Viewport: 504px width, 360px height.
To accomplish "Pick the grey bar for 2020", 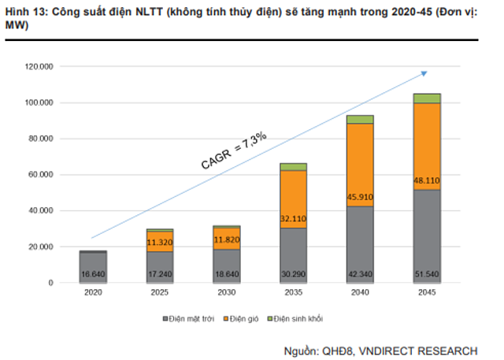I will click(x=94, y=268).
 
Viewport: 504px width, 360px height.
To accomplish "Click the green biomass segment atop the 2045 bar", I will click(x=427, y=98).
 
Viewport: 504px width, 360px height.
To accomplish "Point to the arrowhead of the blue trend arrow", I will click(x=424, y=72).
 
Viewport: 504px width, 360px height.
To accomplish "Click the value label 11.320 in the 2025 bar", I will click(x=160, y=243).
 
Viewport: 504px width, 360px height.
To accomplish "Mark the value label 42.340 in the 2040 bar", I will click(x=360, y=275).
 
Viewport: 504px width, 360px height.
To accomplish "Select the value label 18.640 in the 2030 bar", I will click(x=227, y=275).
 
